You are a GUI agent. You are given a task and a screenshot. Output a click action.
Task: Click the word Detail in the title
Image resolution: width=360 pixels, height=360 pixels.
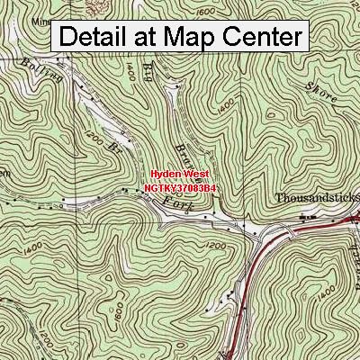[99, 37]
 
